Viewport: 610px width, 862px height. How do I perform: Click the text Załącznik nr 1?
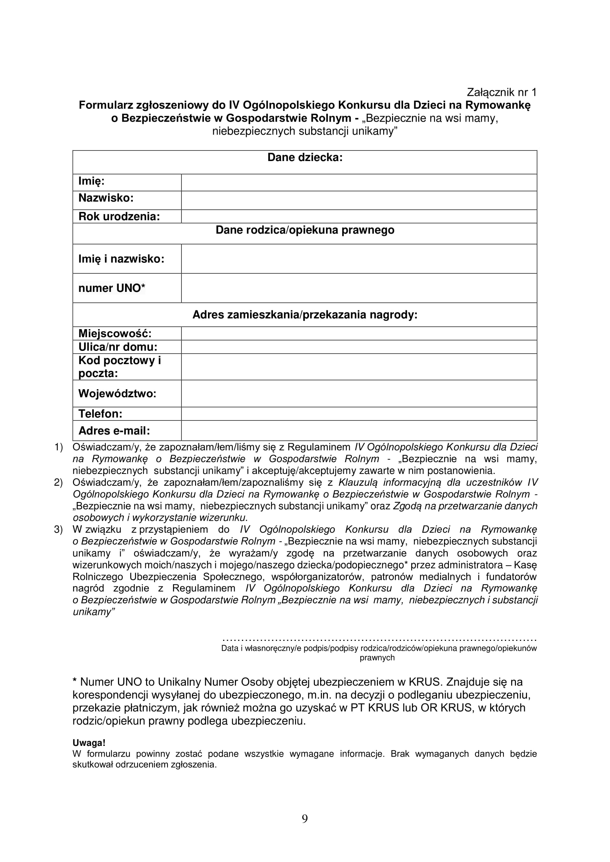coord(502,93)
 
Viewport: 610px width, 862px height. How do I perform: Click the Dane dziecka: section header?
coord(305,158)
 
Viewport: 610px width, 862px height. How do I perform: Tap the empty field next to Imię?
coord(359,182)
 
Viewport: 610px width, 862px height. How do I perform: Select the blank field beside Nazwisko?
coord(359,200)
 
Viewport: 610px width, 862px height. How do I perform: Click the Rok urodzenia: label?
coord(119,217)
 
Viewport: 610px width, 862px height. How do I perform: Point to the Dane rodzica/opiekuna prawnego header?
coord(305,230)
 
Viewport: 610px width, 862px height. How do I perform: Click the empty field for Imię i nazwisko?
coord(359,259)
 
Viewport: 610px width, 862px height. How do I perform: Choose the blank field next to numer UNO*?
coord(359,288)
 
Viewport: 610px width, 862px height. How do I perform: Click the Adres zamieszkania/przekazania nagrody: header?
coord(305,315)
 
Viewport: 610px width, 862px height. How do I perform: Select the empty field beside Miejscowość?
coord(359,334)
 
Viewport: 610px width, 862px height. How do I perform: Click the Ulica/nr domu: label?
coord(118,347)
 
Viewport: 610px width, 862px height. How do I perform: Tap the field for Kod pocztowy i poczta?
coord(359,367)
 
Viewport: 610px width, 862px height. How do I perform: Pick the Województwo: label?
coord(117,394)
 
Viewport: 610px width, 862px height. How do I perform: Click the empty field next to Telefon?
coord(359,414)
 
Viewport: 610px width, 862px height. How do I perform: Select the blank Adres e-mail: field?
coord(359,430)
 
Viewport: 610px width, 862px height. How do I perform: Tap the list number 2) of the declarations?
coord(58,483)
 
